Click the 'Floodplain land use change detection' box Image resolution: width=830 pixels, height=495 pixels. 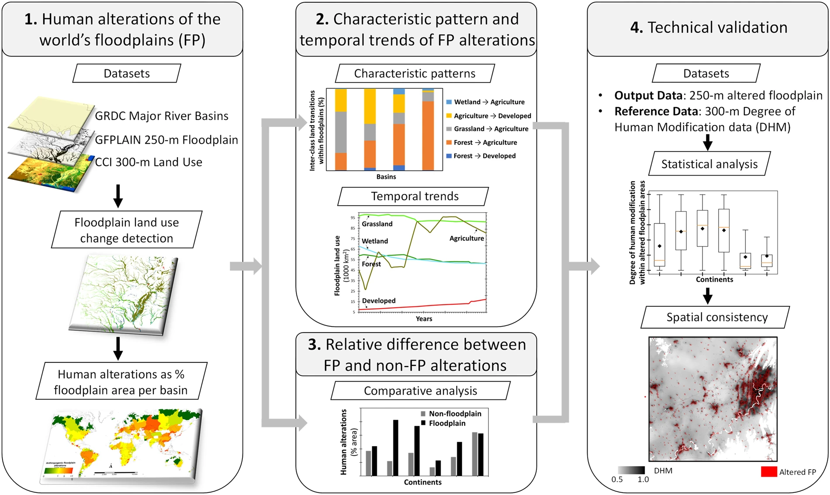point(127,230)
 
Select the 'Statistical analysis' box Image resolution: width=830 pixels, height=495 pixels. point(709,164)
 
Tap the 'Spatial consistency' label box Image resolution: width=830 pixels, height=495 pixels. point(716,317)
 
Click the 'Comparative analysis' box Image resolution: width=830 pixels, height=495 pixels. point(420,391)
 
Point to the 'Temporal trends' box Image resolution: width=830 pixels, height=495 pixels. point(415,196)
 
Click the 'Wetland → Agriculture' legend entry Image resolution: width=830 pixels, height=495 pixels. point(489,102)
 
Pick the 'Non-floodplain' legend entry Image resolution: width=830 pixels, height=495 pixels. point(454,413)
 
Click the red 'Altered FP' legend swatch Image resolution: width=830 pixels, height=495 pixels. point(768,472)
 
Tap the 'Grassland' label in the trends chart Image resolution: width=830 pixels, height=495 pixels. point(377,224)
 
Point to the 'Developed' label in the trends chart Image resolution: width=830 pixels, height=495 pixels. point(379,301)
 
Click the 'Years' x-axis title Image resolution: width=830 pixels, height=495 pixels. point(424,319)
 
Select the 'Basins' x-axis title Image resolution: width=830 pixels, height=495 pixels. point(386,177)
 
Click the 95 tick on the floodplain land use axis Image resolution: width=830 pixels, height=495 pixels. point(353,218)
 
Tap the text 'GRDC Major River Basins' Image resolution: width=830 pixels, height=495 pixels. point(162,116)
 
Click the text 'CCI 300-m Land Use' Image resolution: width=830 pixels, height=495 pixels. point(149,162)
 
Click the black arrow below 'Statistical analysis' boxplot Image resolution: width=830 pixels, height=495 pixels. point(708,297)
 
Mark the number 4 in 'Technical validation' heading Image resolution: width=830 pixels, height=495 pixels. point(636,28)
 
